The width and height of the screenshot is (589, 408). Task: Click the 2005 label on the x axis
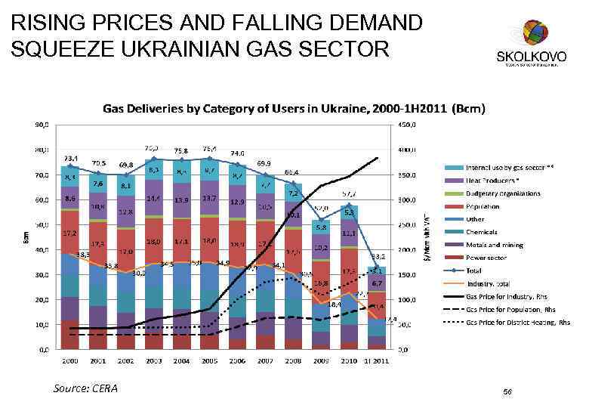[x=209, y=361]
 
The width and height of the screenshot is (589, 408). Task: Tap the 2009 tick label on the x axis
[x=321, y=361]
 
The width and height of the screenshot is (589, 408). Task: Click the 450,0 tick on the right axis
[x=409, y=125]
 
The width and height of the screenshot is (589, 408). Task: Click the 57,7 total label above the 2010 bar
[x=350, y=194]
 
